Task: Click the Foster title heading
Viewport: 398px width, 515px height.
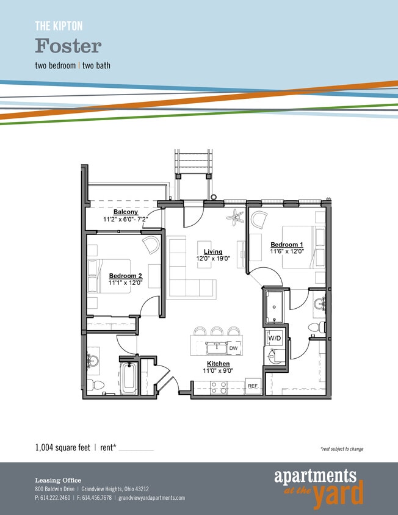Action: coord(68,46)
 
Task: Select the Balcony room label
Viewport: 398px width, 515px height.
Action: coord(125,212)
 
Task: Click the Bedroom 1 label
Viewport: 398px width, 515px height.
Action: coord(287,245)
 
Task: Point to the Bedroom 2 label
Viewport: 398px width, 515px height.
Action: coord(125,276)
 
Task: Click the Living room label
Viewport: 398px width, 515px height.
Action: coord(213,251)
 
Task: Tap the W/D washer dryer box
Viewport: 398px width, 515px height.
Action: coord(273,338)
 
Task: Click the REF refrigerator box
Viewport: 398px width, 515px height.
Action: coord(253,386)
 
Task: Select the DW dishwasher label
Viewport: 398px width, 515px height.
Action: coord(233,348)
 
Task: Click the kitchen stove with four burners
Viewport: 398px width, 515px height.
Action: coord(219,387)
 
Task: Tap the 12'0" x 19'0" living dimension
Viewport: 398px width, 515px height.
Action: coord(213,259)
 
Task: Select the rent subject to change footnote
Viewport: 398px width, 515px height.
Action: coord(341,449)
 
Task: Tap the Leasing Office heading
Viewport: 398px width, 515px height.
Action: coord(57,480)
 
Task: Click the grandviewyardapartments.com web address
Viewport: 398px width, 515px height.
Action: coord(151,498)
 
